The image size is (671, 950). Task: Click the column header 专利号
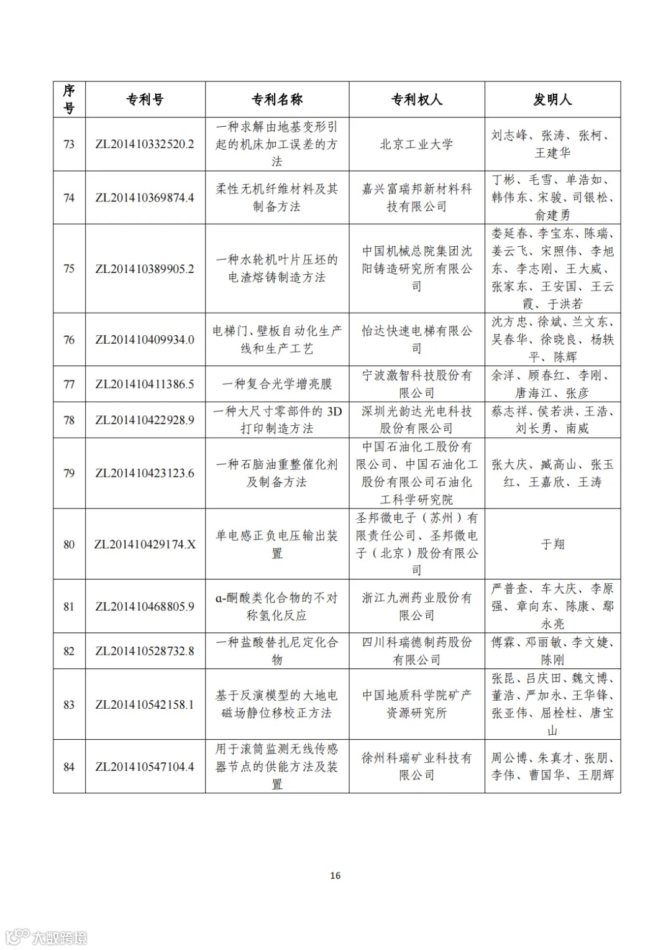[x=145, y=99]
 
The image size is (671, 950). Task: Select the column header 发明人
[x=552, y=99]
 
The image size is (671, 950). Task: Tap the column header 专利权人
[x=416, y=99]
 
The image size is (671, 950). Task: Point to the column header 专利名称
[x=276, y=99]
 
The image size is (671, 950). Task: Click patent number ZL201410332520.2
[x=145, y=144]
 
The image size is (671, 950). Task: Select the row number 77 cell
[x=69, y=384]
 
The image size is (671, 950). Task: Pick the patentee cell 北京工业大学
[x=416, y=144]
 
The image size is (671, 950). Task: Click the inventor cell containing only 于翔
[x=552, y=545]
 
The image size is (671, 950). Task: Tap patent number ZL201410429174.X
[x=145, y=545]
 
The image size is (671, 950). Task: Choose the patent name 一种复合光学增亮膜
[x=276, y=384]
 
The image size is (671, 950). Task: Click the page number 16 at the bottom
[x=335, y=875]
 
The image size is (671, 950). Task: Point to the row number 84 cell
[x=69, y=767]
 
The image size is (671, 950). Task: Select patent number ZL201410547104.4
[x=145, y=767]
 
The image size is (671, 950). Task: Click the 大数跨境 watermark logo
[x=46, y=936]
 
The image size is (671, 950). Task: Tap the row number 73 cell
[x=69, y=144]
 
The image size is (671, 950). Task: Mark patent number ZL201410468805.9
[x=145, y=607]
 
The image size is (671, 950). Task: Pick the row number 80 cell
[x=69, y=545]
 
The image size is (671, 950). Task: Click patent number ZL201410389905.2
[x=145, y=269]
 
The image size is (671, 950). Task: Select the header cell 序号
[x=69, y=99]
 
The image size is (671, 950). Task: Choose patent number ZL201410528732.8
[x=145, y=652]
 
